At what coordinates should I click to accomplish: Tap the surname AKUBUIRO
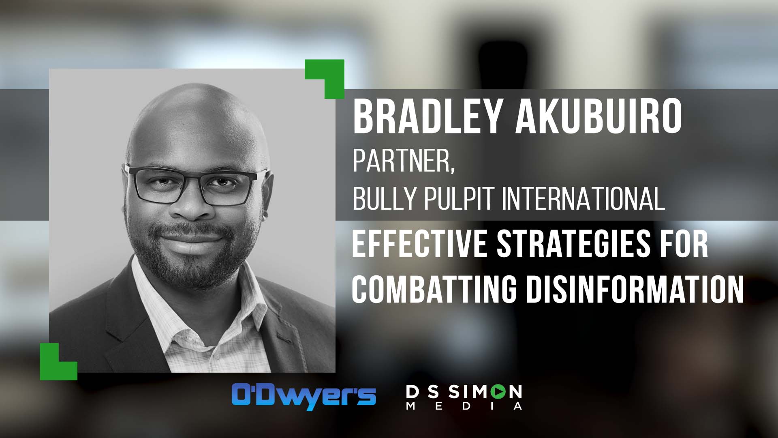598,117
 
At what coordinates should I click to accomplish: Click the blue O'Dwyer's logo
304,396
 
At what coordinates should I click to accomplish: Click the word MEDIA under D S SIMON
464,406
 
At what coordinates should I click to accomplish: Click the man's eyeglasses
197,185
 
